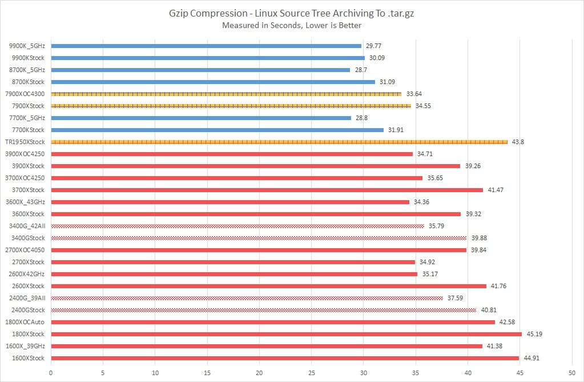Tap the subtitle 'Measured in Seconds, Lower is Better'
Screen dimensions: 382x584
(x=292, y=25)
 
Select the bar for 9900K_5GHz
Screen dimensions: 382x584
(x=206, y=46)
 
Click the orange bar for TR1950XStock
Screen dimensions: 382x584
(x=279, y=142)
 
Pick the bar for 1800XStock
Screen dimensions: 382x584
(x=286, y=334)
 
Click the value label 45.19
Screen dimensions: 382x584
(x=534, y=334)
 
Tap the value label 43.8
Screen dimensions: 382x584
(x=518, y=142)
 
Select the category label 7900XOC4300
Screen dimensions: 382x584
(x=24, y=94)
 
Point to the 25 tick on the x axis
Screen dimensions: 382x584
(x=312, y=371)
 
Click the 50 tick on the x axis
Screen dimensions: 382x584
(x=572, y=371)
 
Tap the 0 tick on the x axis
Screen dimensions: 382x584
(x=51, y=371)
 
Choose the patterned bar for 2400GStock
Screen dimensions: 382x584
(x=263, y=310)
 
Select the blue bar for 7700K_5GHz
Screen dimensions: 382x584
(x=201, y=118)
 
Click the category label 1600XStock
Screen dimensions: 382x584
(x=28, y=358)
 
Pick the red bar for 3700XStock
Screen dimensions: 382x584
(x=267, y=190)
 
